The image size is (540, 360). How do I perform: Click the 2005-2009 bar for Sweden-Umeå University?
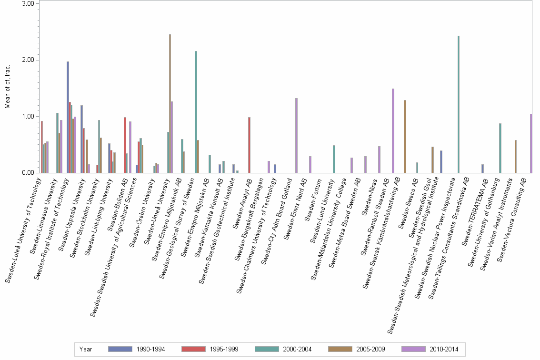tap(170, 103)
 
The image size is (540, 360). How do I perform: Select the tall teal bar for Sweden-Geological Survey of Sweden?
tap(196, 112)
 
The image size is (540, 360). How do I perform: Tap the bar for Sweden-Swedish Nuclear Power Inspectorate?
tap(458, 104)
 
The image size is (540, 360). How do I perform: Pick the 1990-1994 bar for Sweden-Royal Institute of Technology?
tap(68, 117)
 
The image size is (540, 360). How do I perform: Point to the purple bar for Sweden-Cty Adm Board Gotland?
tap(296, 135)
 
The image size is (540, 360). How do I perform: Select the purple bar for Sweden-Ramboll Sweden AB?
tap(393, 130)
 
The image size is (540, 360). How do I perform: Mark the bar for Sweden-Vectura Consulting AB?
tap(531, 143)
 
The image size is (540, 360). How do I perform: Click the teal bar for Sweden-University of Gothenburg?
tap(500, 148)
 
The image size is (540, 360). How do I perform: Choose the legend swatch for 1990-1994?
tap(120, 349)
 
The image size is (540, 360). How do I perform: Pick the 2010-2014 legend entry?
tap(431, 349)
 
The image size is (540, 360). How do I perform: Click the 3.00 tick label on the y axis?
tap(27, 4)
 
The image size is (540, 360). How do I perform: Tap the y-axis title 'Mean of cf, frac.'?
tap(8, 88)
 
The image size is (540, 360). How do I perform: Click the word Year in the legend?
tap(86, 349)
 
